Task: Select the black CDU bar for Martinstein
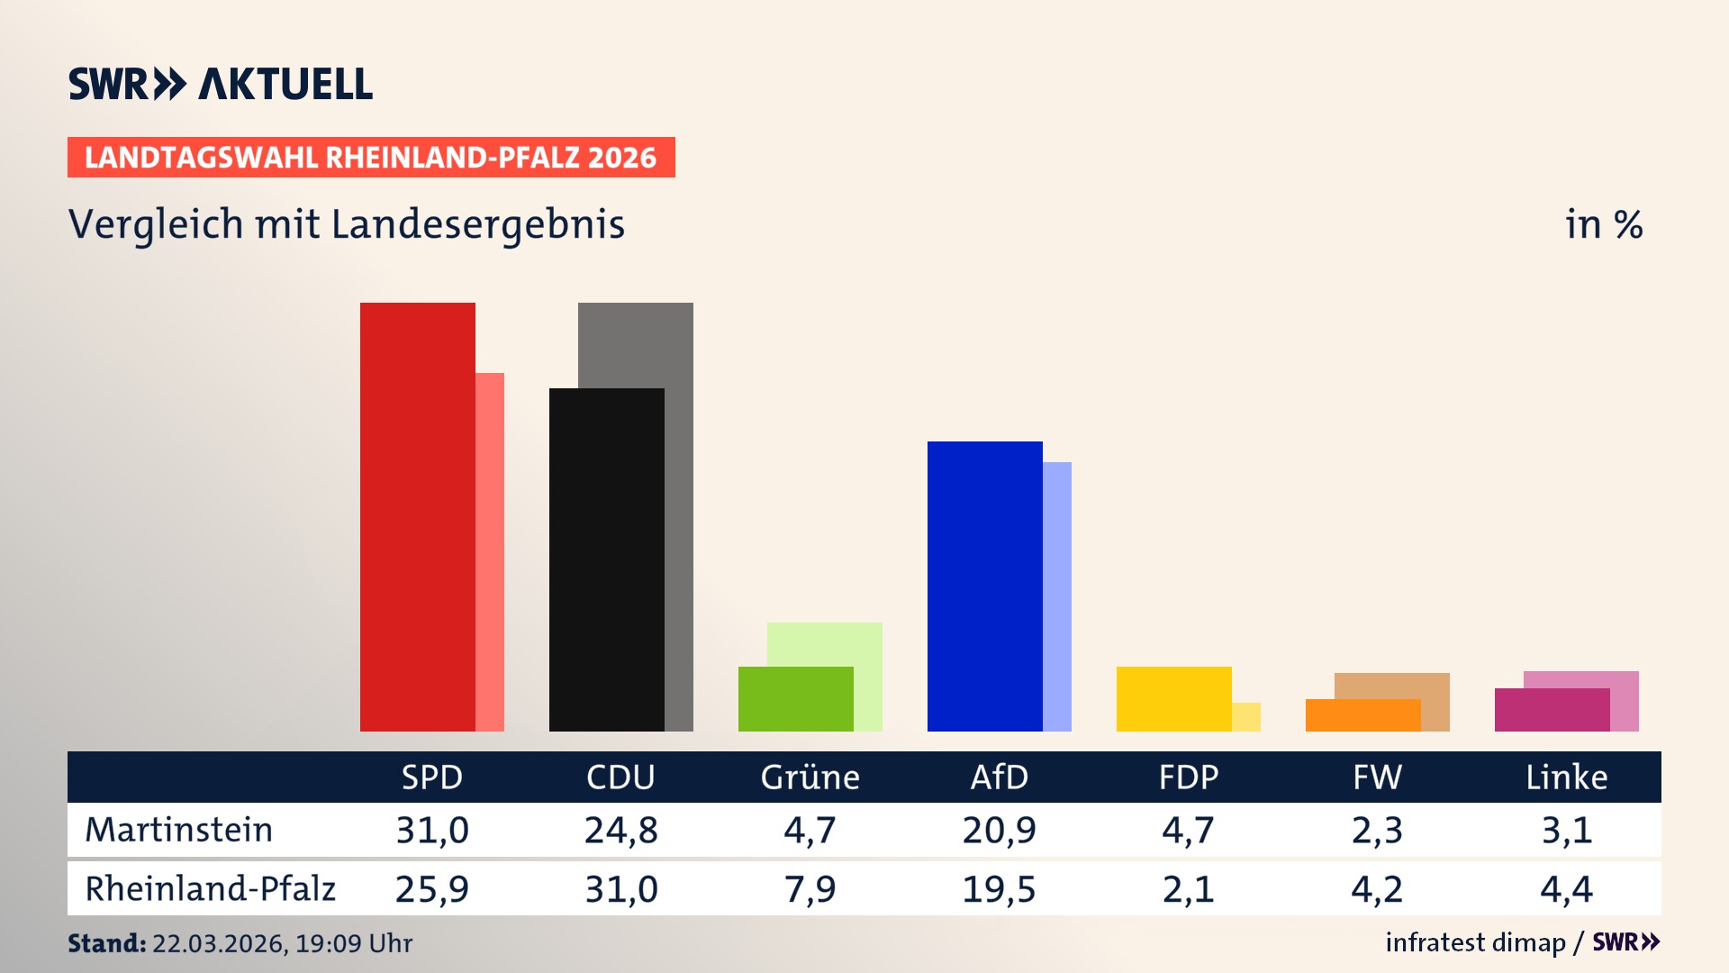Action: (x=606, y=559)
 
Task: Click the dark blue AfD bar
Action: (x=984, y=586)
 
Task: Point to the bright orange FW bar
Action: (x=1362, y=715)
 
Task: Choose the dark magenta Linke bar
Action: (x=1552, y=710)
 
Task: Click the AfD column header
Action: (x=999, y=777)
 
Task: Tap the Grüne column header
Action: (x=810, y=777)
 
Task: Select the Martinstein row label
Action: (x=178, y=830)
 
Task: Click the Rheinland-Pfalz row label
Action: (x=210, y=889)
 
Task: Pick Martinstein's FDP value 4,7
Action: (x=1188, y=830)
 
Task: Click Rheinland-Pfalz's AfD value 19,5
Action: (x=999, y=889)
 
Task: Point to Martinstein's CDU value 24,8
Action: (x=620, y=830)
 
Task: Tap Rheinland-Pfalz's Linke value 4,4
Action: (x=1566, y=889)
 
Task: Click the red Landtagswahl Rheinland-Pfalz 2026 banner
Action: (x=370, y=157)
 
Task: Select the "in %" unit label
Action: (x=1603, y=224)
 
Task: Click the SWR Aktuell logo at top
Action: (x=220, y=84)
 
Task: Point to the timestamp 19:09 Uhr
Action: (x=353, y=943)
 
